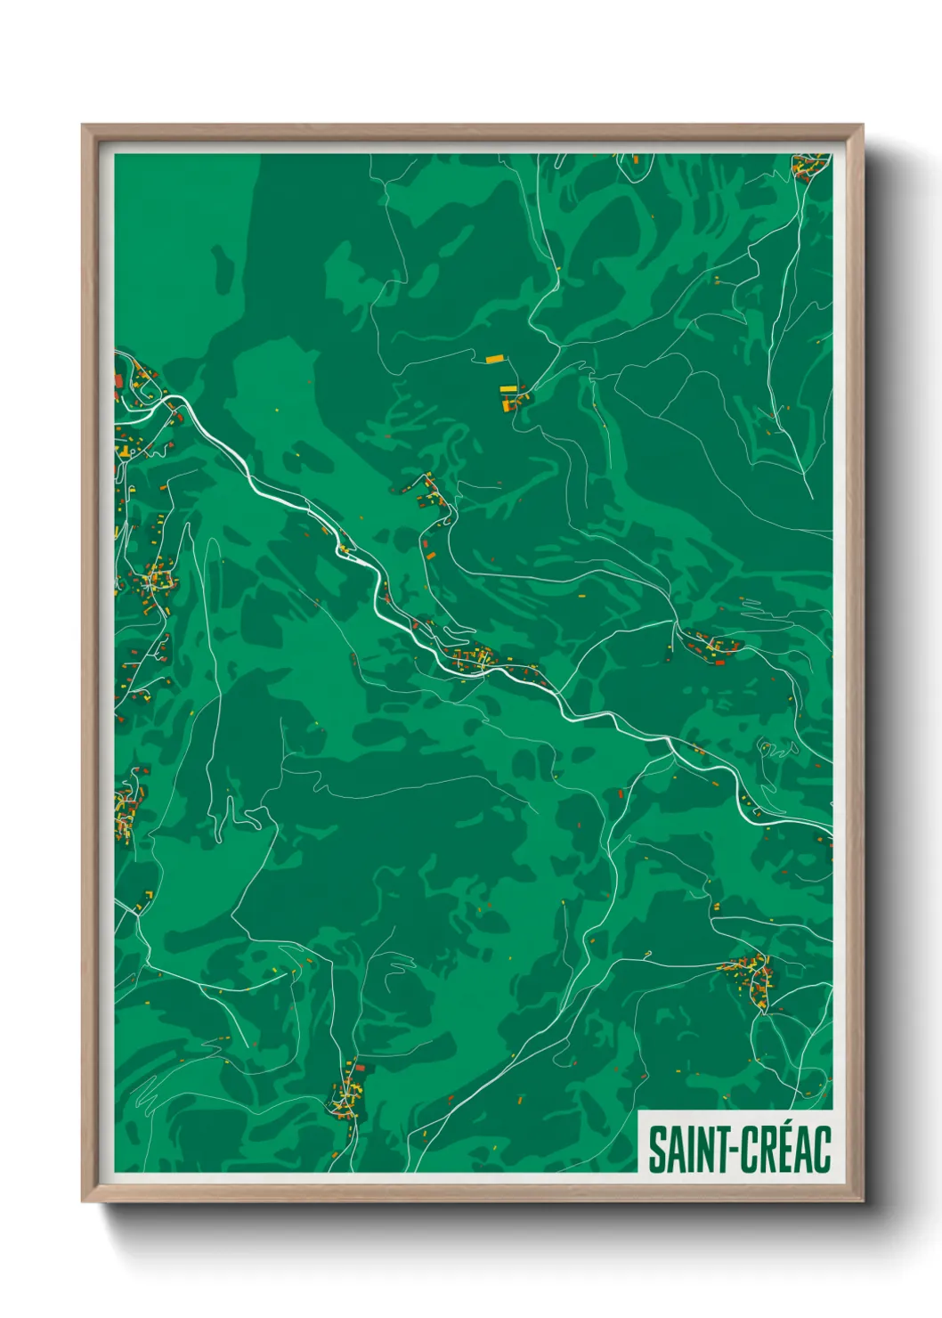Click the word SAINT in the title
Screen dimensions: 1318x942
(681, 1150)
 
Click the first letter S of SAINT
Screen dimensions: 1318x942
(655, 1150)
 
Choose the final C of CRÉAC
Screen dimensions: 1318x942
(822, 1150)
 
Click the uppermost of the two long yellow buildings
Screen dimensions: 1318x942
(494, 360)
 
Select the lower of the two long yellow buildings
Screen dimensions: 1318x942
(508, 388)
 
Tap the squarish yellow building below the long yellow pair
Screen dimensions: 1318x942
(509, 404)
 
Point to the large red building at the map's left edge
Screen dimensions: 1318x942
(118, 383)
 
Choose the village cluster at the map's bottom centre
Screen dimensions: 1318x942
(345, 1094)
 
